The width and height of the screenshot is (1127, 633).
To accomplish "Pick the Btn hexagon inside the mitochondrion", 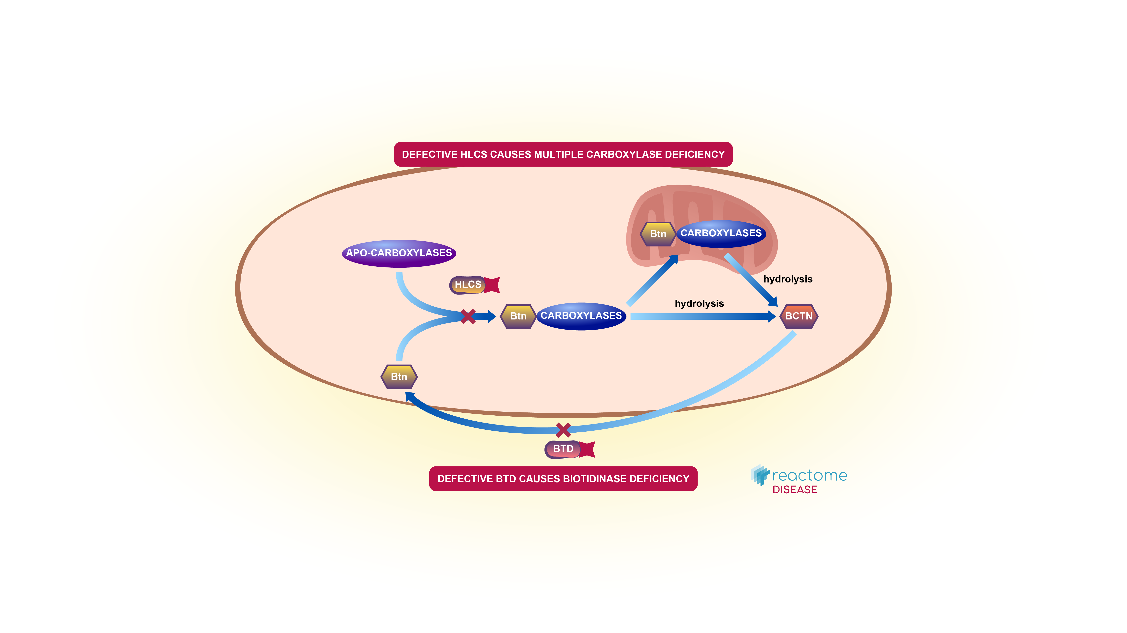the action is (658, 234).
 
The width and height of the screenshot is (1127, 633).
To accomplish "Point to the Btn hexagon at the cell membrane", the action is (399, 377).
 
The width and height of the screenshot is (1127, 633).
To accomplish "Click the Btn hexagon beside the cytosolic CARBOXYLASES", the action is (518, 316).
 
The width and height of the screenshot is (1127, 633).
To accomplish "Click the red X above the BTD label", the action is (563, 430).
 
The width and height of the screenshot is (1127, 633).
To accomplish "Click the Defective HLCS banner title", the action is (563, 154).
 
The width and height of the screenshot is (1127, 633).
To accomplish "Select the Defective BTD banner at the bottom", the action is (563, 479).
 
